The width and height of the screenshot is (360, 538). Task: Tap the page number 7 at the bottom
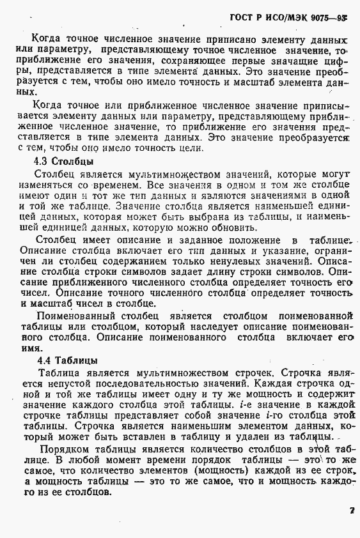[352, 510]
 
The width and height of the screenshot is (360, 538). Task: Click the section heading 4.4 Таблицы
[68, 360]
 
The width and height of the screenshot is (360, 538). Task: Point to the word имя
[27, 349]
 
